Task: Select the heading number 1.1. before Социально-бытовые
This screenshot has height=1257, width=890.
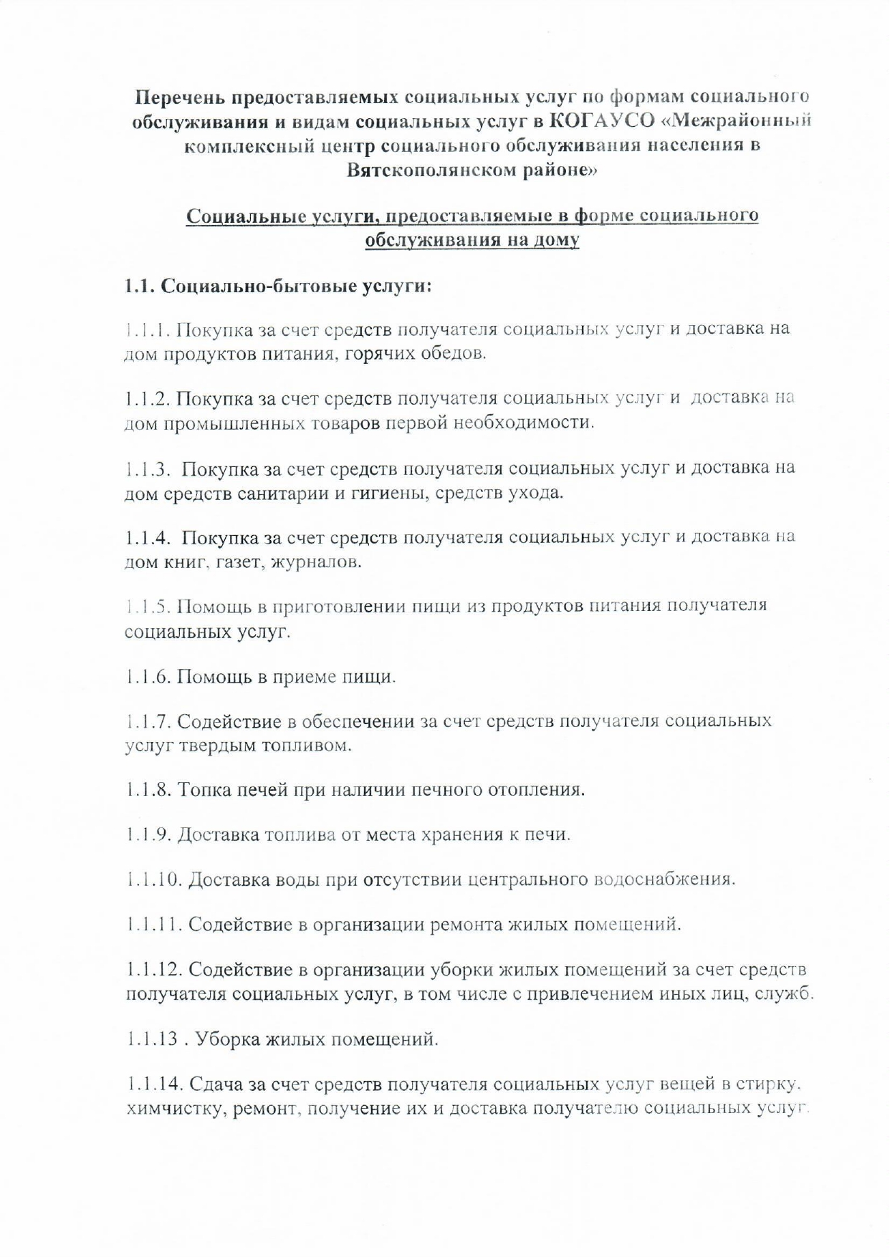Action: [x=138, y=286]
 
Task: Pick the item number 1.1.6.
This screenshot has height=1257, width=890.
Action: [x=146, y=676]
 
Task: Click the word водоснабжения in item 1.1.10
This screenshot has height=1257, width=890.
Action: [x=664, y=879]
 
